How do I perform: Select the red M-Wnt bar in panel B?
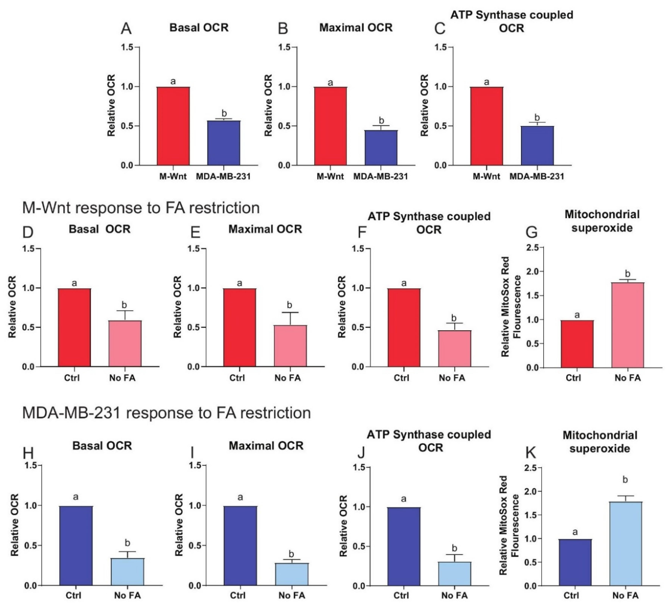coord(330,126)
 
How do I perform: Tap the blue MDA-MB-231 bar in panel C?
coord(537,146)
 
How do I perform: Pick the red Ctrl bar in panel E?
coord(239,328)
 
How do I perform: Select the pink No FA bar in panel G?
coord(627,325)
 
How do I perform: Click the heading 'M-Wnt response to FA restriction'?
coord(141,208)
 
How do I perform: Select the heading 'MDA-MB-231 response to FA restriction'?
coord(166,413)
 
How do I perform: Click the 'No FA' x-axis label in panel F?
coord(452,378)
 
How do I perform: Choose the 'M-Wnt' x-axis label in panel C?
coord(486,176)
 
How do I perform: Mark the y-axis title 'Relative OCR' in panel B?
coord(268,105)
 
